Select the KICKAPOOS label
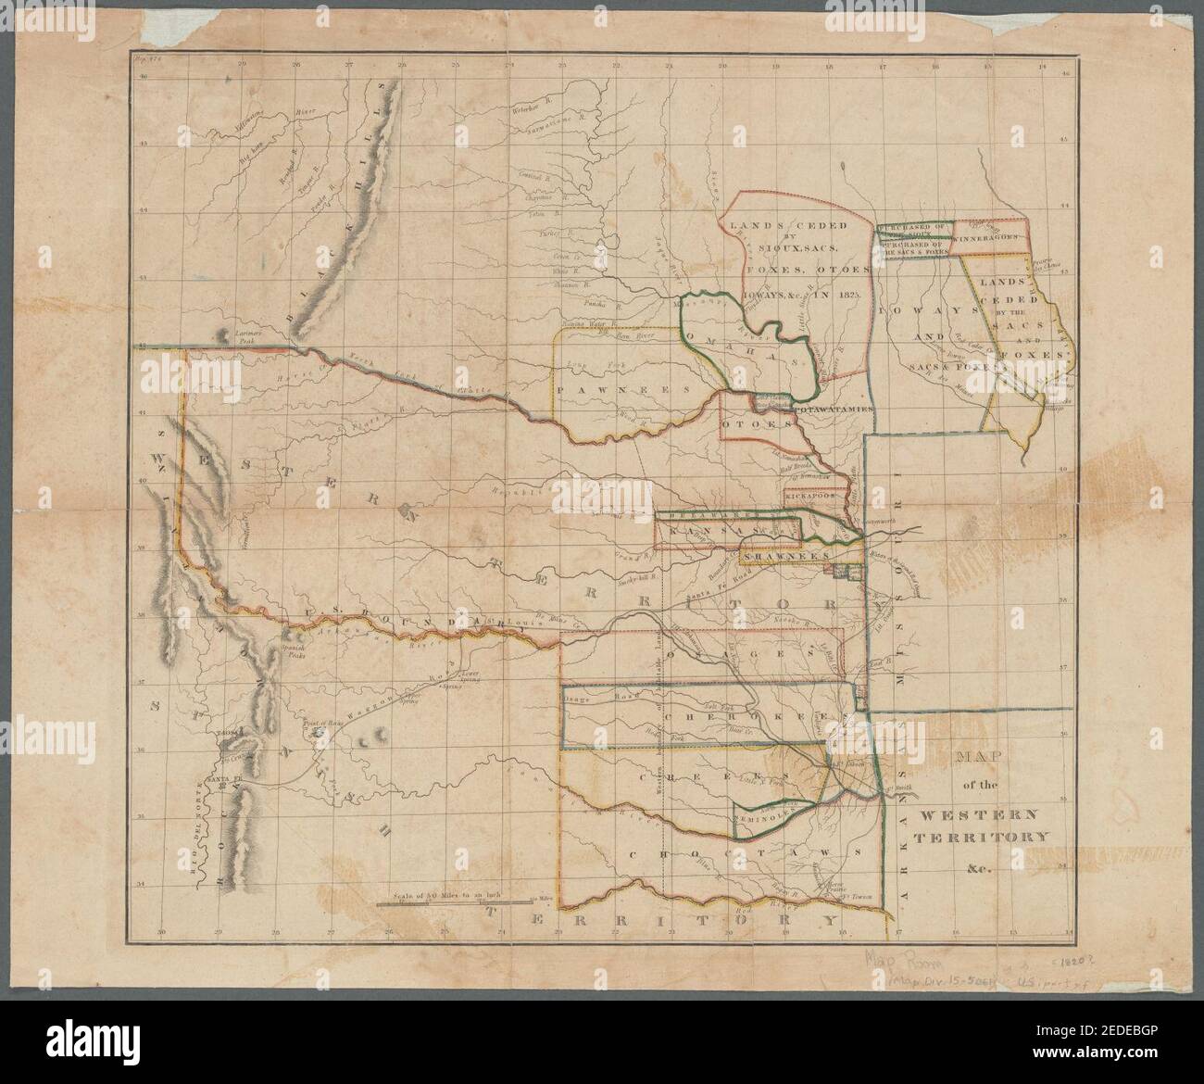[809, 497]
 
